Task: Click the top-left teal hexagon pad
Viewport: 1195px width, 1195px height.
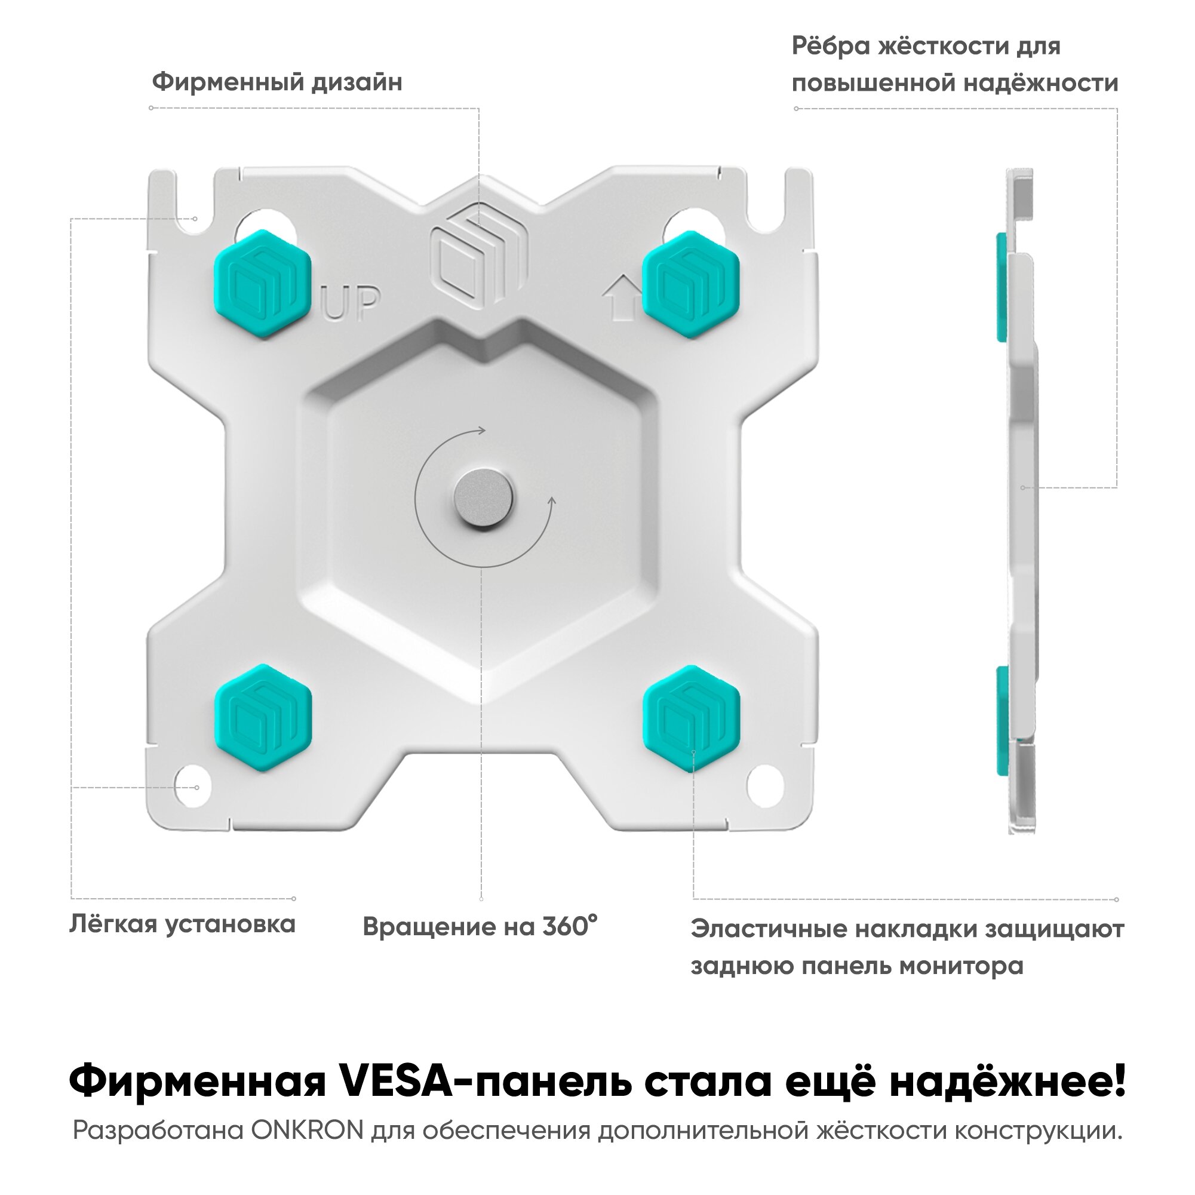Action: pos(262,284)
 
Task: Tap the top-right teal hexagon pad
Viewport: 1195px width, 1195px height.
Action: pos(691,284)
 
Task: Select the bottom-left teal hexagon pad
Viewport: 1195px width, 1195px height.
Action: pos(263,717)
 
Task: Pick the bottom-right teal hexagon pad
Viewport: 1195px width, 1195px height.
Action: pos(692,719)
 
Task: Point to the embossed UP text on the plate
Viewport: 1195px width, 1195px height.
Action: pos(351,302)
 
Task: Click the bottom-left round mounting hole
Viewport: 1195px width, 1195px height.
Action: pos(192,787)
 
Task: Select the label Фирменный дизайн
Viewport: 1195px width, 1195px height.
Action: pos(277,82)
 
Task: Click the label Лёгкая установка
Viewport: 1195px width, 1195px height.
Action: pos(183,924)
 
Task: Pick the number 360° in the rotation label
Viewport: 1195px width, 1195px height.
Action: pos(570,926)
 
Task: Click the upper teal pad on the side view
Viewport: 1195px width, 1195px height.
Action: pos(1002,287)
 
